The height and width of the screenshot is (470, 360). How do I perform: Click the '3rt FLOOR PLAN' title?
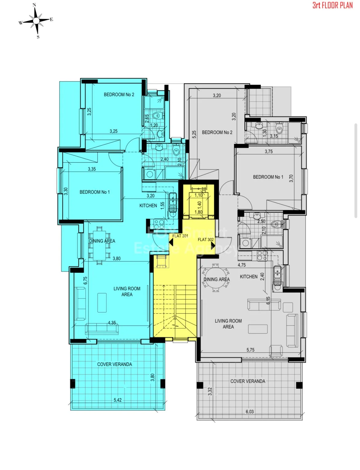[x=333, y=6]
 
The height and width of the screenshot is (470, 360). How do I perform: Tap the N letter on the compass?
[x=34, y=5]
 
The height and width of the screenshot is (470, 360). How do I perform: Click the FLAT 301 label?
[x=180, y=236]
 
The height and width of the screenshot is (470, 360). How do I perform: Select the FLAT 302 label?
[x=206, y=239]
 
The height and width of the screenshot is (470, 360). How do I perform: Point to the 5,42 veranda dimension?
[x=118, y=400]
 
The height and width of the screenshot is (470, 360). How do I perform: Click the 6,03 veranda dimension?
[x=250, y=412]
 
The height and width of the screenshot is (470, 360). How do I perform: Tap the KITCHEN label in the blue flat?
[x=148, y=205]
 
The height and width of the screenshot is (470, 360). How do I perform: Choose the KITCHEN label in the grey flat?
[x=249, y=277]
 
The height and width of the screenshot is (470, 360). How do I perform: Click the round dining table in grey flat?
[x=215, y=278]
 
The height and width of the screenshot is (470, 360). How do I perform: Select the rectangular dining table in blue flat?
[x=99, y=245]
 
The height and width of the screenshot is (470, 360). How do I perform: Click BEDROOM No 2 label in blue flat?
[x=119, y=94]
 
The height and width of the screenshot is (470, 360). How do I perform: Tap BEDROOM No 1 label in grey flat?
[x=268, y=177]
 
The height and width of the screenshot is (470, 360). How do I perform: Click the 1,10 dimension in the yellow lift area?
[x=198, y=195]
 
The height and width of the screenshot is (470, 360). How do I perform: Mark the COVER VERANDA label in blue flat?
[x=114, y=364]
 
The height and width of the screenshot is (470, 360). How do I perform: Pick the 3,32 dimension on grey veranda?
[x=210, y=391]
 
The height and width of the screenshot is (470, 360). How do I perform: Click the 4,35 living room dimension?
[x=112, y=323]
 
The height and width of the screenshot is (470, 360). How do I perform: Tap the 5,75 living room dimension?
[x=250, y=350]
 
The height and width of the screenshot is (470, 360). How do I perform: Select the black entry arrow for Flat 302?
[x=213, y=245]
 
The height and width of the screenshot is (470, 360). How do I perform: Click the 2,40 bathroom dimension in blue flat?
[x=164, y=159]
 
